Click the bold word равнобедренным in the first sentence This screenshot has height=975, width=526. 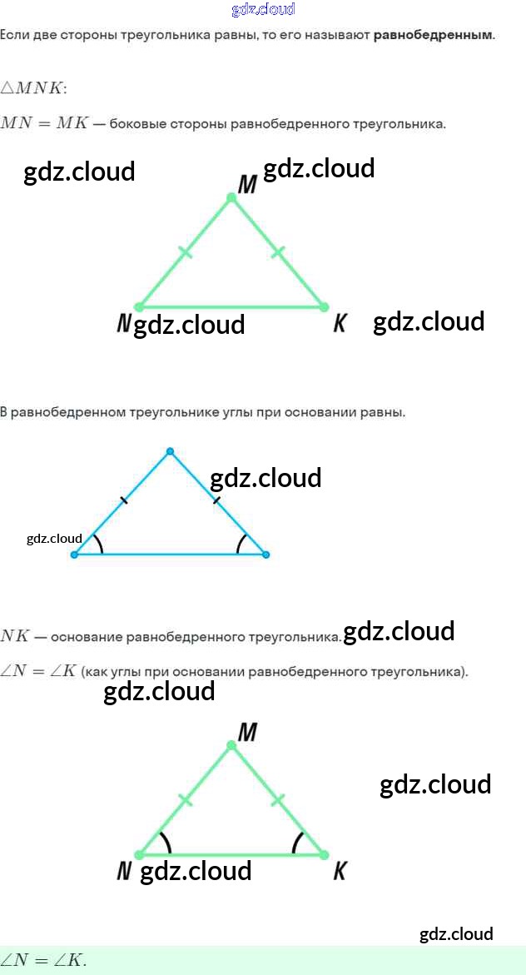tap(433, 36)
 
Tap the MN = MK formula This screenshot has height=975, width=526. tap(43, 123)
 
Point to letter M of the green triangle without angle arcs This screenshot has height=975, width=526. tap(247, 185)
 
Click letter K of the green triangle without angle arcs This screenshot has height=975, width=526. tap(340, 324)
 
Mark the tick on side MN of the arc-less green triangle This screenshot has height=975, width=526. tap(186, 251)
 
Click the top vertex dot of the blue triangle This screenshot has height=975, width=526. tap(170, 451)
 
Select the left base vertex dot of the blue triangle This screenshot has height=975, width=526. tap(75, 555)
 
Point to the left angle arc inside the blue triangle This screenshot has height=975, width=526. tap(99, 544)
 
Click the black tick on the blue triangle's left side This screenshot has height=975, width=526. tap(124, 500)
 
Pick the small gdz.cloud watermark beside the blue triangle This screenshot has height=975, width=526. tap(54, 539)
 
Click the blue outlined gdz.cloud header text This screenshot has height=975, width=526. tap(263, 10)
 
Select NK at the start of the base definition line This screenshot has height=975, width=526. tap(15, 637)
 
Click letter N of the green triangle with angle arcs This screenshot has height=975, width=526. tap(125, 871)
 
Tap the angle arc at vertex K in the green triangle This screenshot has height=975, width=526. tap(297, 843)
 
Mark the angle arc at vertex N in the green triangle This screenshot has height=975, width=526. tap(166, 843)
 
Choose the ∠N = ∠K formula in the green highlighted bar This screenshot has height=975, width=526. tap(43, 960)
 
